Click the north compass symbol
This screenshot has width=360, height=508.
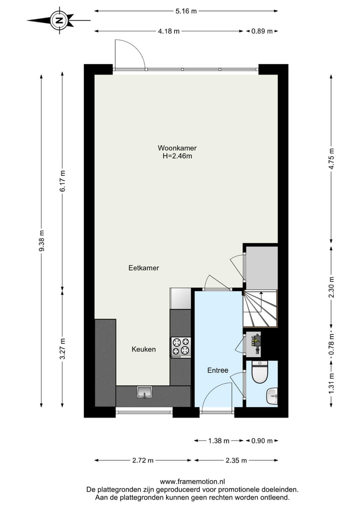tap(59, 20)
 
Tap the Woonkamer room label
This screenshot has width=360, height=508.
tap(177, 148)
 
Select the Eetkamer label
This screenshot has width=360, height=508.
tap(143, 268)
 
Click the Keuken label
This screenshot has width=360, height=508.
tap(143, 349)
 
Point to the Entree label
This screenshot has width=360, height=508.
tap(218, 370)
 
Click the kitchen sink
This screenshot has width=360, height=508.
tap(144, 393)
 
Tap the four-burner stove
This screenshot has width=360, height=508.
tap(181, 346)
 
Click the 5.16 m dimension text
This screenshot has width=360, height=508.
tap(186, 10)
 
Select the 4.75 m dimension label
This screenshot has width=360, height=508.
tap(330, 159)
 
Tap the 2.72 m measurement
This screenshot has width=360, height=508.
tap(143, 461)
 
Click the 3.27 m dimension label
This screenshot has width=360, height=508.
tap(62, 350)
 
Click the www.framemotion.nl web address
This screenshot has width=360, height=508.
tap(192, 482)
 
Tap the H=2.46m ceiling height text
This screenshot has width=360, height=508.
tap(177, 156)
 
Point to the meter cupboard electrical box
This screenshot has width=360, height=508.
tap(256, 341)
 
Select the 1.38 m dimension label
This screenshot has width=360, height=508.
tap(218, 441)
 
